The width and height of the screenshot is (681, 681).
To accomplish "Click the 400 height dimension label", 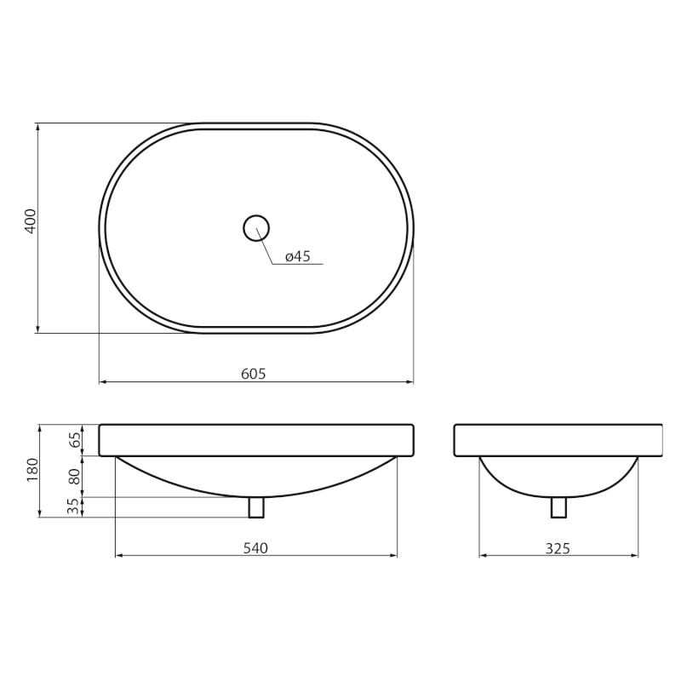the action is (x=31, y=221).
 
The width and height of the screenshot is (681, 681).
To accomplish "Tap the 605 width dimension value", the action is (x=254, y=374).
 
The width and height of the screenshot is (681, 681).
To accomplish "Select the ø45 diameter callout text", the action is (x=298, y=256).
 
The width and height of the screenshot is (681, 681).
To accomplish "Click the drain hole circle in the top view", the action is (x=256, y=215).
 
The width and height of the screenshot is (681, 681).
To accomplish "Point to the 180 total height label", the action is (x=32, y=470).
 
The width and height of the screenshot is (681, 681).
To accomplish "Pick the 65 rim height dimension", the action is (x=75, y=440).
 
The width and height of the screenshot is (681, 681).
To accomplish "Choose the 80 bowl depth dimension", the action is (x=75, y=477).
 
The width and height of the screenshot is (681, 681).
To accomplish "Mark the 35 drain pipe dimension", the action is (x=74, y=506).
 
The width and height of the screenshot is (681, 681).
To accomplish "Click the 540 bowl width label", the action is (x=255, y=548).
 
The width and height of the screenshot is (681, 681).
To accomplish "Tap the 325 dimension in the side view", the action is (x=558, y=548).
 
